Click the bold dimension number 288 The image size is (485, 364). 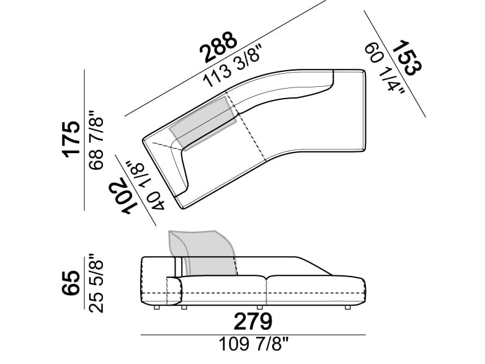(219, 47)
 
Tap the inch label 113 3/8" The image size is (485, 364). (233, 66)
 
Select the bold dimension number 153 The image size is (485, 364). (407, 58)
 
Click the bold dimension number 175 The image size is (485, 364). (71, 140)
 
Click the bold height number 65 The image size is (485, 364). (71, 283)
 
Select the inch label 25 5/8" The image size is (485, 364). (96, 283)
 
